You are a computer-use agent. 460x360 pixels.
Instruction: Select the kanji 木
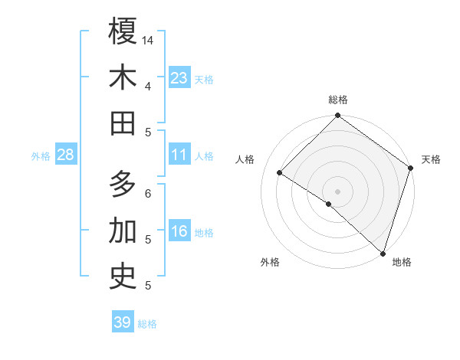tap(123, 77)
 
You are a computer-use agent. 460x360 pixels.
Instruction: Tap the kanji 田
tap(123, 123)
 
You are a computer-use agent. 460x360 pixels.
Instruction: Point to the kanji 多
tap(123, 185)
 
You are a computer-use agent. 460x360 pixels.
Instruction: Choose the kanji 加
tap(123, 231)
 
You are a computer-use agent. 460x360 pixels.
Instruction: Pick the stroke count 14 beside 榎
tap(148, 39)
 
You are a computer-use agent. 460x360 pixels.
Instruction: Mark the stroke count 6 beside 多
tap(148, 193)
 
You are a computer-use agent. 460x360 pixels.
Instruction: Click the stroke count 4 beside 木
tap(148, 85)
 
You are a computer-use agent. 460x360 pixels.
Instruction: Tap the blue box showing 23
tap(179, 78)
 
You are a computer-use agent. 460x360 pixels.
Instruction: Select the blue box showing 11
tap(179, 155)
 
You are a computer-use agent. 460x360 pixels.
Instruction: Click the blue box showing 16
tap(179, 232)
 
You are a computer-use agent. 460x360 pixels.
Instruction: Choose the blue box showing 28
tap(66, 155)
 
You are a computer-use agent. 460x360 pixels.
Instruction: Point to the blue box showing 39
tap(123, 322)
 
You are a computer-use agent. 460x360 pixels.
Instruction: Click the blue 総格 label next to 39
tap(148, 324)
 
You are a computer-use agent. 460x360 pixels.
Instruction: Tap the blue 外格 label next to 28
tap(41, 156)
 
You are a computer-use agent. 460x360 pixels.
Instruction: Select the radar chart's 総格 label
tap(338, 100)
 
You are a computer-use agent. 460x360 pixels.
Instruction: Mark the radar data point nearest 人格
tap(280, 173)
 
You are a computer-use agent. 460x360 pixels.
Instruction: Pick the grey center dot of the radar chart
tap(338, 191)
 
